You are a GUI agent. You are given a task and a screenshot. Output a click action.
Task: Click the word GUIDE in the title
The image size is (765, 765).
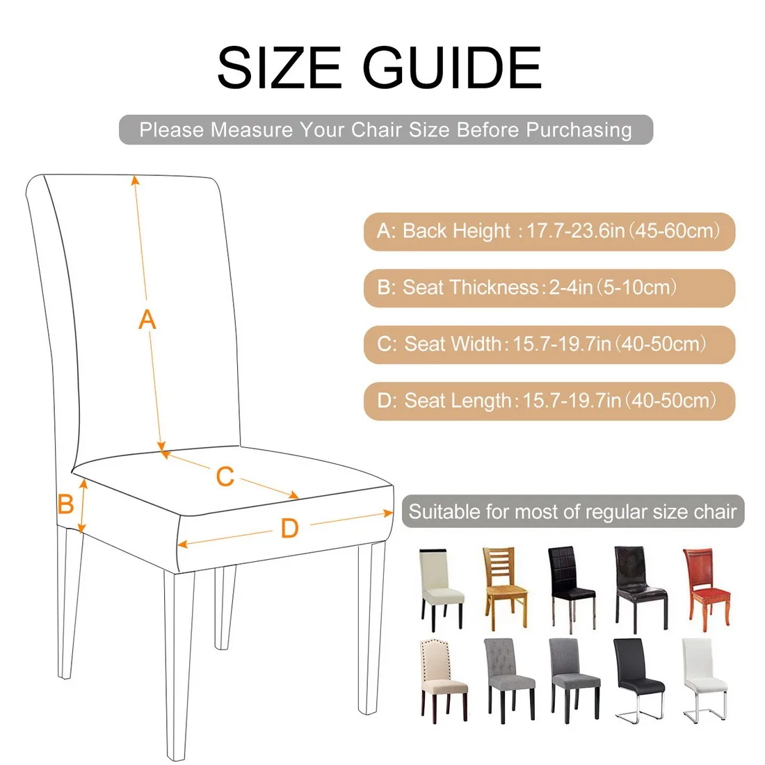pos(452,67)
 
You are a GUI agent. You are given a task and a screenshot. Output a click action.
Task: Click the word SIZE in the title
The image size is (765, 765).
pos(278,67)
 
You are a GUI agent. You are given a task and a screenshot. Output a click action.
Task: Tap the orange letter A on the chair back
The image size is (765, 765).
pos(147,320)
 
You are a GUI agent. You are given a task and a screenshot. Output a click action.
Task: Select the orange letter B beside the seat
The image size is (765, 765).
pos(65,504)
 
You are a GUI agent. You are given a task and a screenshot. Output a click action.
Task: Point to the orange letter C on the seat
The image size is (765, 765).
pos(225,477)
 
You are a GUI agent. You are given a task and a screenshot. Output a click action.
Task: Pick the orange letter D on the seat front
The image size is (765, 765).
pos(289,529)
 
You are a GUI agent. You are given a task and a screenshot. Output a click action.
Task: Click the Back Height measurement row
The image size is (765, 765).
pos(549,231)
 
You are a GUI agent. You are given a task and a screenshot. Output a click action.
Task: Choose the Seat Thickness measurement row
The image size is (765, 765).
pos(549,288)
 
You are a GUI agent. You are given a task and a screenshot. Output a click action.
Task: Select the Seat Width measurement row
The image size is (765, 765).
pos(549,344)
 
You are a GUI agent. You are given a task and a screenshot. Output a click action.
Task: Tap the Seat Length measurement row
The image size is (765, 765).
pos(549,401)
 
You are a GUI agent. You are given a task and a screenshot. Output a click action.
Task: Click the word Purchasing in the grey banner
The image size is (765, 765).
pos(579,130)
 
